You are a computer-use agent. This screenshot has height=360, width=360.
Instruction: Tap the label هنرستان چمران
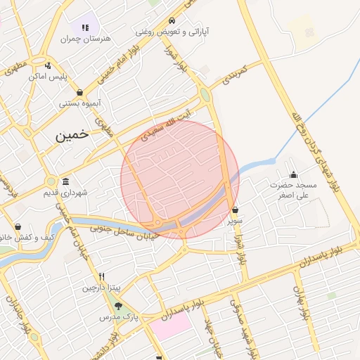tap(86, 39)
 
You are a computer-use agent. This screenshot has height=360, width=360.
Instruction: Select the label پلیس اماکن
tap(48, 76)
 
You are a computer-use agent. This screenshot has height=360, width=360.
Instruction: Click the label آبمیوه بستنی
tap(79, 103)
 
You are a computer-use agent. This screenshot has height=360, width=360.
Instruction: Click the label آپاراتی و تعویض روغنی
tap(172, 32)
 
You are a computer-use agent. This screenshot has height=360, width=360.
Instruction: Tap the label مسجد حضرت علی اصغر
tap(295, 191)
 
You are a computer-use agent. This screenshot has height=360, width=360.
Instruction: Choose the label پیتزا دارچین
tap(102, 287)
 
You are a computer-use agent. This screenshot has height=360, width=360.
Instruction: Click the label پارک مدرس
tap(118, 318)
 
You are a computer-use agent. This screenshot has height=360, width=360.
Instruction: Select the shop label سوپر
tap(234, 221)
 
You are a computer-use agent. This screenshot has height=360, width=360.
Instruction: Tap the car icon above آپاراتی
tap(172, 20)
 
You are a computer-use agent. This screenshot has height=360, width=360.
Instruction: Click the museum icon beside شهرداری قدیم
tap(65, 181)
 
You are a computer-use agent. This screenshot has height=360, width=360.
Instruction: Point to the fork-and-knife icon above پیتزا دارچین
tap(102, 276)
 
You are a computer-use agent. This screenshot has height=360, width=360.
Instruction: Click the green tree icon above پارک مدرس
tap(118, 306)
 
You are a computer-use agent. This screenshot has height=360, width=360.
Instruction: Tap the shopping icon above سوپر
tap(235, 210)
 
